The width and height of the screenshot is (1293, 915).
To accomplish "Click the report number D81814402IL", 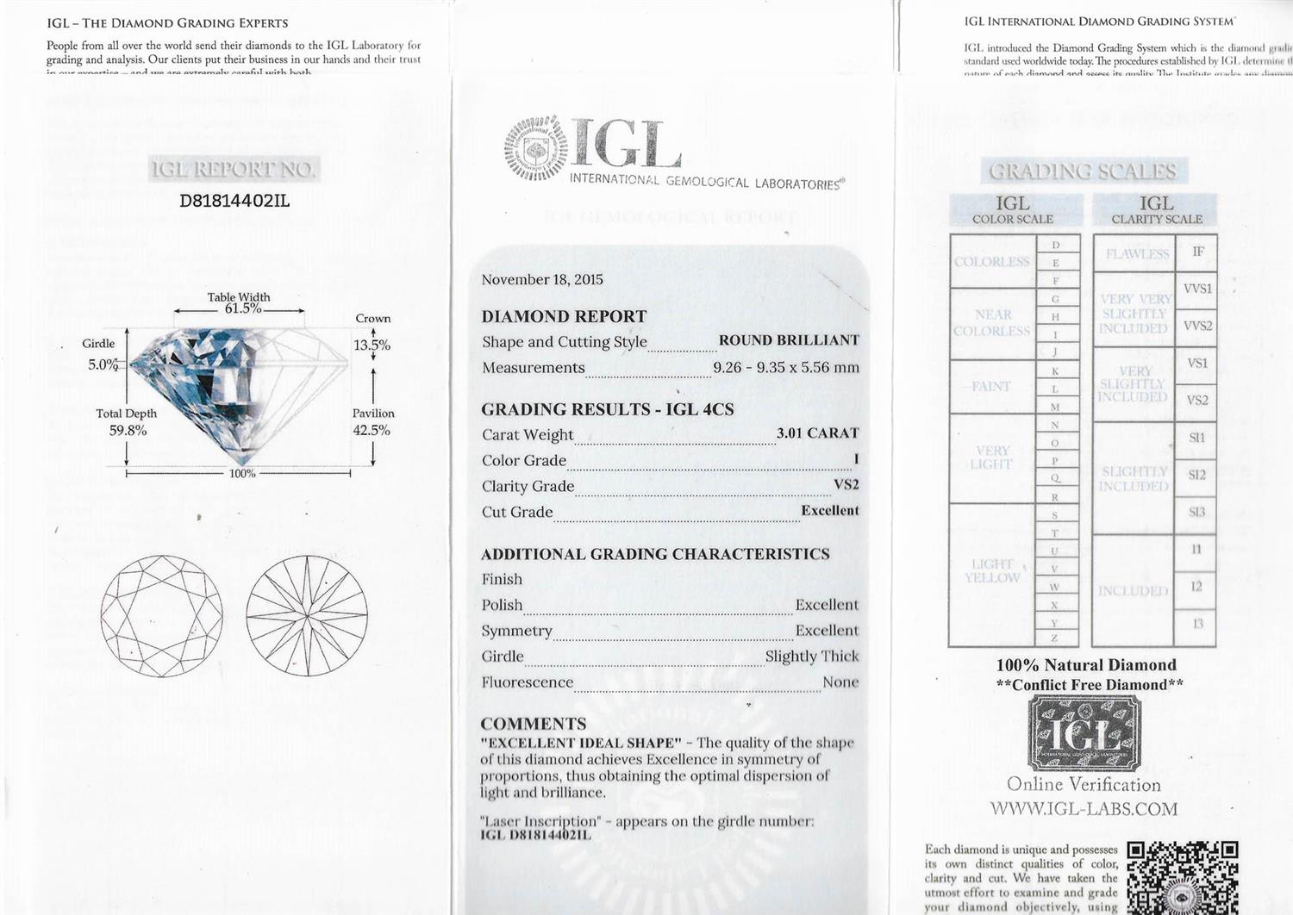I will point(234,202).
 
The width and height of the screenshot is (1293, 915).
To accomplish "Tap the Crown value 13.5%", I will point(372,345).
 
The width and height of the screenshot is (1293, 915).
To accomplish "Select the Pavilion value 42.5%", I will point(372,430).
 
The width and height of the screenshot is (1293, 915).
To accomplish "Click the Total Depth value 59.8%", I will point(128,430).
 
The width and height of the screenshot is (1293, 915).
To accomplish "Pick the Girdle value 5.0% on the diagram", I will point(103,364).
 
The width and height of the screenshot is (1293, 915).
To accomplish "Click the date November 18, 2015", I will point(542,280).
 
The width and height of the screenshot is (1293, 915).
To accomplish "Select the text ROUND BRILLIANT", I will point(789,340).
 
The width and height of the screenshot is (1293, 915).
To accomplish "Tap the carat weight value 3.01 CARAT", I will point(817,433).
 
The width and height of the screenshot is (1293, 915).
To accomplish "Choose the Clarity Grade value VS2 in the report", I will point(846,485).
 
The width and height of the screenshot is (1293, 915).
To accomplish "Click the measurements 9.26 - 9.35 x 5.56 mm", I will point(785,368).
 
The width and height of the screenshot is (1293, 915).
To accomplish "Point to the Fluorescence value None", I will point(840,682).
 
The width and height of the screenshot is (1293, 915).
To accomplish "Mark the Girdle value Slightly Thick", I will point(812,657).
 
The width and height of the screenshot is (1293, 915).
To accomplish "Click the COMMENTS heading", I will point(533,724).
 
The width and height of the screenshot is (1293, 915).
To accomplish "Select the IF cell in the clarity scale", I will point(1197,252).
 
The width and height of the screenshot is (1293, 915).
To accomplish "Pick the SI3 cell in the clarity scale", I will point(1196,512).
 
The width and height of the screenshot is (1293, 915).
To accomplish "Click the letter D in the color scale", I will point(1055,245).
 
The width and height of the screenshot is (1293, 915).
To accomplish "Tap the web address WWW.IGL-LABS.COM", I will point(1084,809).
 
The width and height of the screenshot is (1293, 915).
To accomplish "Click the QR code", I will point(1183,877).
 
